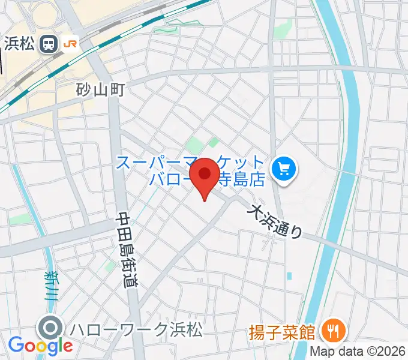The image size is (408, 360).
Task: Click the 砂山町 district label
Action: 100,90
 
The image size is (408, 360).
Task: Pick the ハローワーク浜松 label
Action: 136,329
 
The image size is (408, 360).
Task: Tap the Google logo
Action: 40,346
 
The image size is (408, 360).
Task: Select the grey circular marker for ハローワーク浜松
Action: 50,328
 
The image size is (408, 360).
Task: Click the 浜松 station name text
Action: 20,43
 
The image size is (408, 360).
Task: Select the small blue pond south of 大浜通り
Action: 290,276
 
